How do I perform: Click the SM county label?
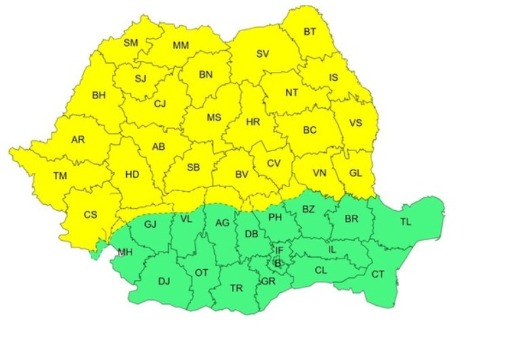pyautogui.click(x=130, y=43)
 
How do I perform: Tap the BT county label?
pyautogui.click(x=310, y=31)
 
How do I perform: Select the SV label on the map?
pyautogui.click(x=262, y=54)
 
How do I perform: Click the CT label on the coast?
pyautogui.click(x=377, y=274)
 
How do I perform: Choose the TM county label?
pyautogui.click(x=60, y=176)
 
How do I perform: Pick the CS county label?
pyautogui.click(x=90, y=214)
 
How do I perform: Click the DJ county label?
pyautogui.click(x=164, y=281)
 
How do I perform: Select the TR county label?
pyautogui.click(x=236, y=288)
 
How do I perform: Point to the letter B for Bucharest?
pyautogui.click(x=277, y=263)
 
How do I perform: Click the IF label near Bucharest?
pyautogui.click(x=279, y=251)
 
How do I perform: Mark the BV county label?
pyautogui.click(x=241, y=174)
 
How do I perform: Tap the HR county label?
pyautogui.click(x=253, y=122)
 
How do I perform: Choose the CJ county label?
pyautogui.click(x=160, y=104)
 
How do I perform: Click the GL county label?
pyautogui.click(x=355, y=172)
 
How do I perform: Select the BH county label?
pyautogui.click(x=99, y=95)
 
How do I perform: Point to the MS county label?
pyautogui.click(x=214, y=117)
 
